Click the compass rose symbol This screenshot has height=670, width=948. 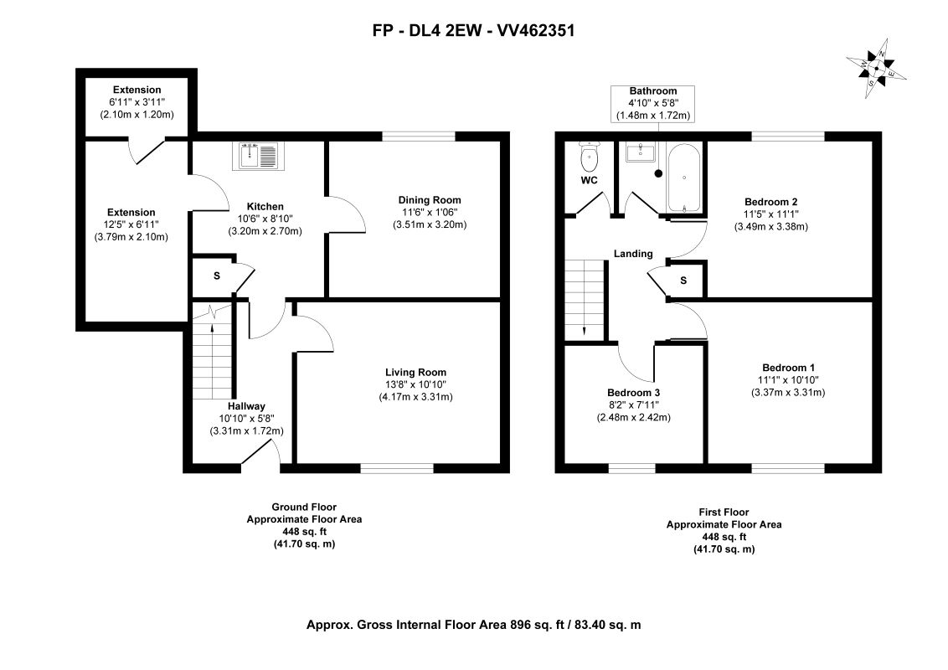[876, 69]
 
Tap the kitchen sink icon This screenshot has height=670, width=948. [258, 156]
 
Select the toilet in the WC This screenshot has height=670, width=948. [588, 157]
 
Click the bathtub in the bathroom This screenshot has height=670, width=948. [684, 178]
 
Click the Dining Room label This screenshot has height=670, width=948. [430, 200]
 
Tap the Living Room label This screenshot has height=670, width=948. [416, 373]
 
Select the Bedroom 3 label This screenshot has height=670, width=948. [634, 393]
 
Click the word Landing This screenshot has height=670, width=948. [633, 254]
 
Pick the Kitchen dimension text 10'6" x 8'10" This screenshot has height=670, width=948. [265, 219]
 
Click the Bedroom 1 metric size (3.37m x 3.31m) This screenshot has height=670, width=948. [788, 393]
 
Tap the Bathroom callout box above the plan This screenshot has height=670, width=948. [653, 103]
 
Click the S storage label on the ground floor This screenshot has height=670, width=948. [216, 276]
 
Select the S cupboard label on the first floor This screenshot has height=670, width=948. [684, 281]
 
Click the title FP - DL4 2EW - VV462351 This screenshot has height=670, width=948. [473, 30]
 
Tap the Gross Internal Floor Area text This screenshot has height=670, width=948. [473, 625]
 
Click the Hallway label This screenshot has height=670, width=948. [247, 406]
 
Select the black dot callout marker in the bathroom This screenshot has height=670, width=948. [658, 173]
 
